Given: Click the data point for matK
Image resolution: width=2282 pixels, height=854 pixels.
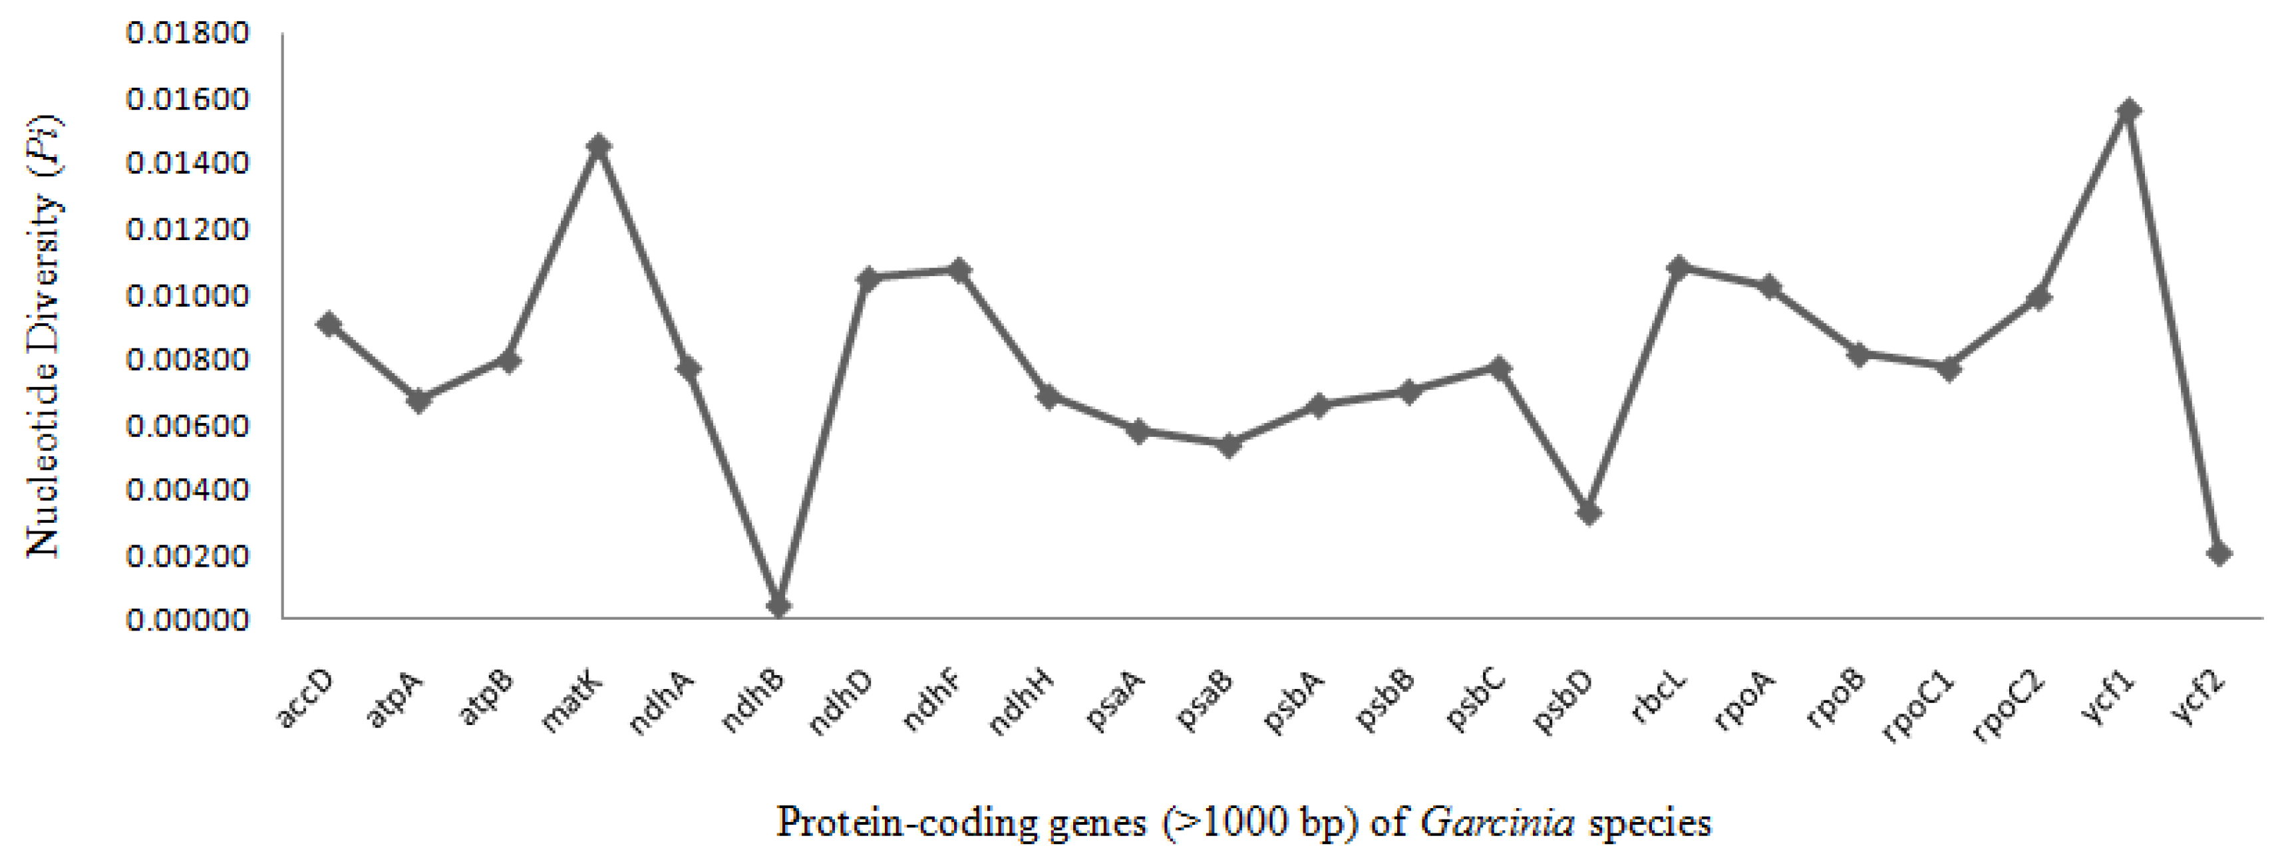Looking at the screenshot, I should point(599,146).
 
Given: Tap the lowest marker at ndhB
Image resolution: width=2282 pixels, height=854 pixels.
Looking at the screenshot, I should point(778,606).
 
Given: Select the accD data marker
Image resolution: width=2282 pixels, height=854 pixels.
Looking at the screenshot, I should point(329,323).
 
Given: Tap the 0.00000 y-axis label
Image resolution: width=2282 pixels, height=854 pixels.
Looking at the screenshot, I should point(188,620).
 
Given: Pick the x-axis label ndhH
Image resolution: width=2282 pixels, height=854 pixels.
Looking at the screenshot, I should point(1021,704).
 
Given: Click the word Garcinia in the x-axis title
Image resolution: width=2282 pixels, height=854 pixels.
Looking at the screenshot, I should point(1497,823).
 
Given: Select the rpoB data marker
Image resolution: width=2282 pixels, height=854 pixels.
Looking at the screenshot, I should point(1860,355).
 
